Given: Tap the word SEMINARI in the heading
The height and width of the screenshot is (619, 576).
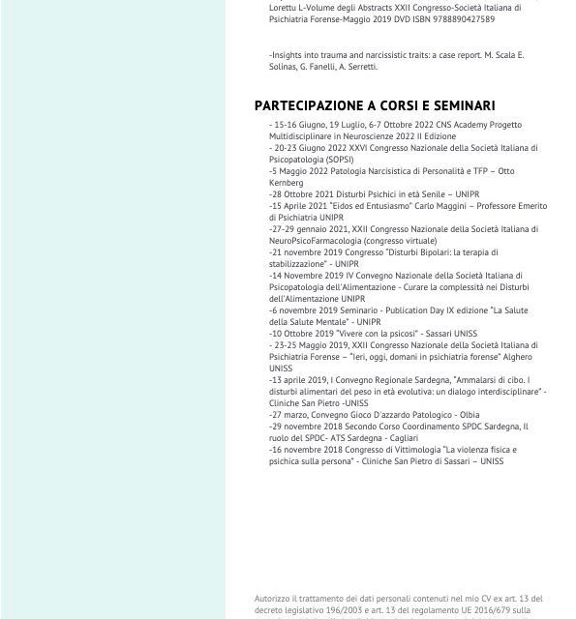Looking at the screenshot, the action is pos(459,105).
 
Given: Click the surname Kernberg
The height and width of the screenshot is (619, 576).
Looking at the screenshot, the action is pos(287,183).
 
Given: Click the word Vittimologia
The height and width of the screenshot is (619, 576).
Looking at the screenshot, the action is pos(404,450).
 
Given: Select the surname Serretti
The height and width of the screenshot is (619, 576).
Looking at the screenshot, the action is pos(357,67).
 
